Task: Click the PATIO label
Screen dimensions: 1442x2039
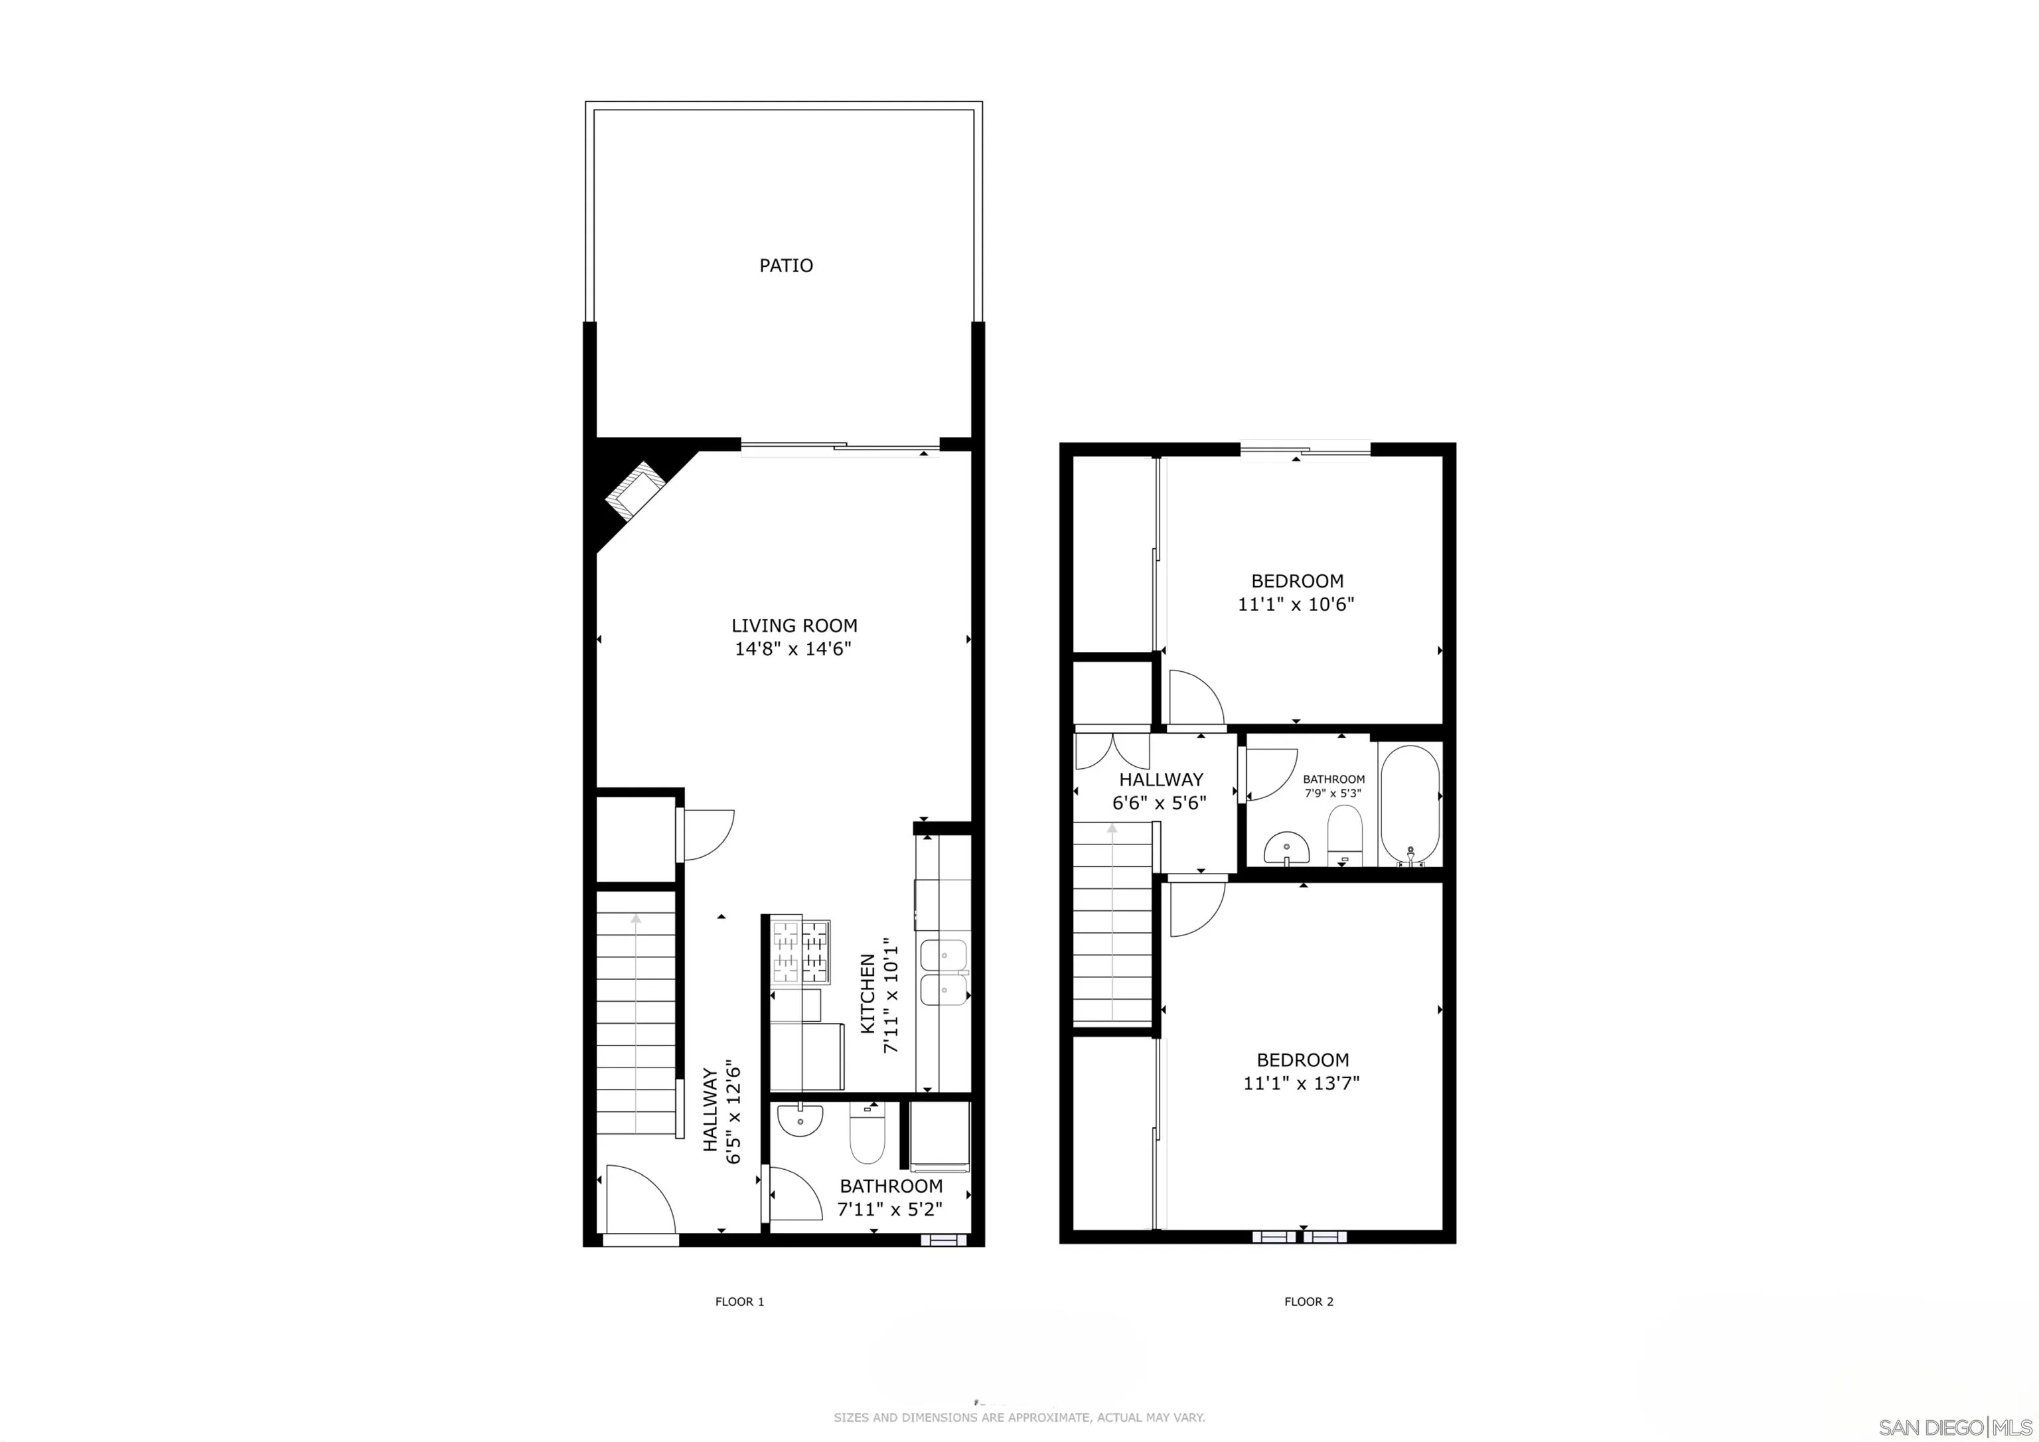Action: (x=786, y=266)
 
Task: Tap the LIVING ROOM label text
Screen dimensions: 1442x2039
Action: (x=794, y=625)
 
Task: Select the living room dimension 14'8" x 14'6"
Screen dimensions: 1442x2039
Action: (x=793, y=649)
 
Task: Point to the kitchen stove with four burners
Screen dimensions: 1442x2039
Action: (x=801, y=951)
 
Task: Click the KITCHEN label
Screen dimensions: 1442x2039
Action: (x=869, y=993)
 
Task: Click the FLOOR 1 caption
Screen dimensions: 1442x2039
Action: (x=740, y=1302)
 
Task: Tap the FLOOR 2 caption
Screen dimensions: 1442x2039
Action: (x=1309, y=1302)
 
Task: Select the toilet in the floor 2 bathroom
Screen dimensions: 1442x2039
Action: (x=1343, y=833)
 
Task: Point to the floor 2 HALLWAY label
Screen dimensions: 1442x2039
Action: (x=1161, y=780)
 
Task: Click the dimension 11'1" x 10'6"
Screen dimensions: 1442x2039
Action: (x=1296, y=605)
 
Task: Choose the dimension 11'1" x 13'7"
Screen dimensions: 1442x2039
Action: (x=1302, y=1083)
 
